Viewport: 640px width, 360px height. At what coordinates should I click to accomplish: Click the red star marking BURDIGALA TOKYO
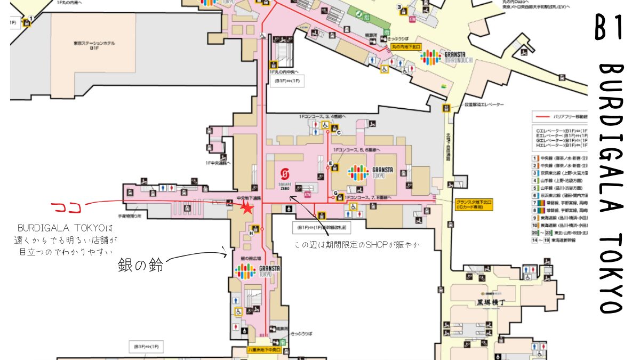coord(247,208)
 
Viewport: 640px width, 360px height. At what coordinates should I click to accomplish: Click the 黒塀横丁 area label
coord(483,302)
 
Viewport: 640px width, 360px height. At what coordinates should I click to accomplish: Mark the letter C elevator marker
coord(338,132)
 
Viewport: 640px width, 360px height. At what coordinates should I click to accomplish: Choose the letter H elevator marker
coord(251,233)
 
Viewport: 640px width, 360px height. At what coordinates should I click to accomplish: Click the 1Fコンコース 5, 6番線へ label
coord(355,151)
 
